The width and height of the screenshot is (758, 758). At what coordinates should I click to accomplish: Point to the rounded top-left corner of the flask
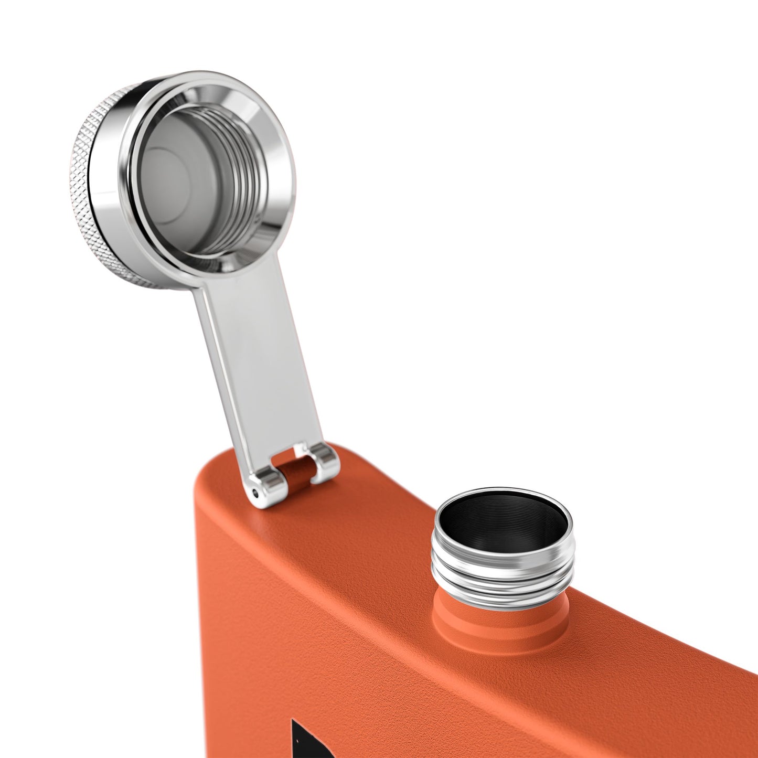210,472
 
